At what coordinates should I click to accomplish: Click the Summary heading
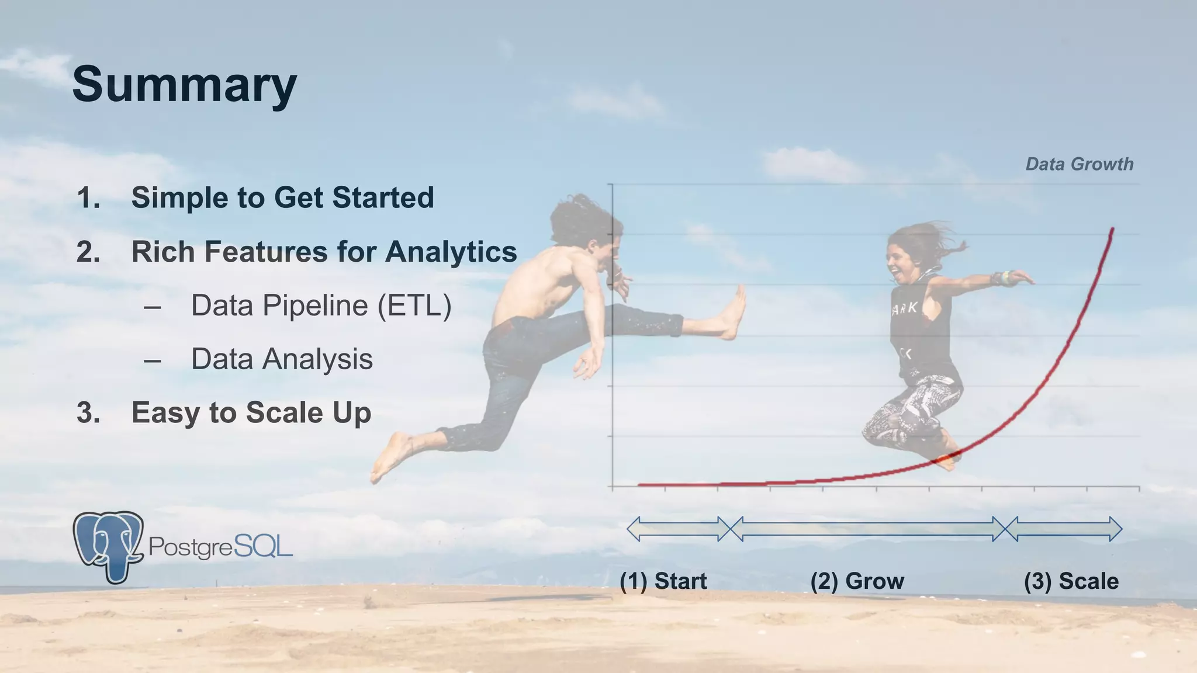184,85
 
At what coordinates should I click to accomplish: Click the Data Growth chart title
1079,164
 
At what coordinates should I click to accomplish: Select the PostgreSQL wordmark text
220,547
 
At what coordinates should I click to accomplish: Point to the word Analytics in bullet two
451,252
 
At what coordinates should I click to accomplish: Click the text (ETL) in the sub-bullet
414,306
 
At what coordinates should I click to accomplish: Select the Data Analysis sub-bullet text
282,359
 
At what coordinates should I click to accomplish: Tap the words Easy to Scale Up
251,412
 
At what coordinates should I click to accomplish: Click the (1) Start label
663,581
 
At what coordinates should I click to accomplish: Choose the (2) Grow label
857,581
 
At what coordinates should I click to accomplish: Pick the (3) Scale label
1071,581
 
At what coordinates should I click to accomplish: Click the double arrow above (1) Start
679,529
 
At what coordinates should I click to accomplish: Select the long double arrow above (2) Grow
868,529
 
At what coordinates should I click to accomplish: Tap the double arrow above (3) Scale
1064,529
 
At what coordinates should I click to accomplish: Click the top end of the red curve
1112,229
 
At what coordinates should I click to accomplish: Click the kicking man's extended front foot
734,313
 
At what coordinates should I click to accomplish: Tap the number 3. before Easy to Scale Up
88,413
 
